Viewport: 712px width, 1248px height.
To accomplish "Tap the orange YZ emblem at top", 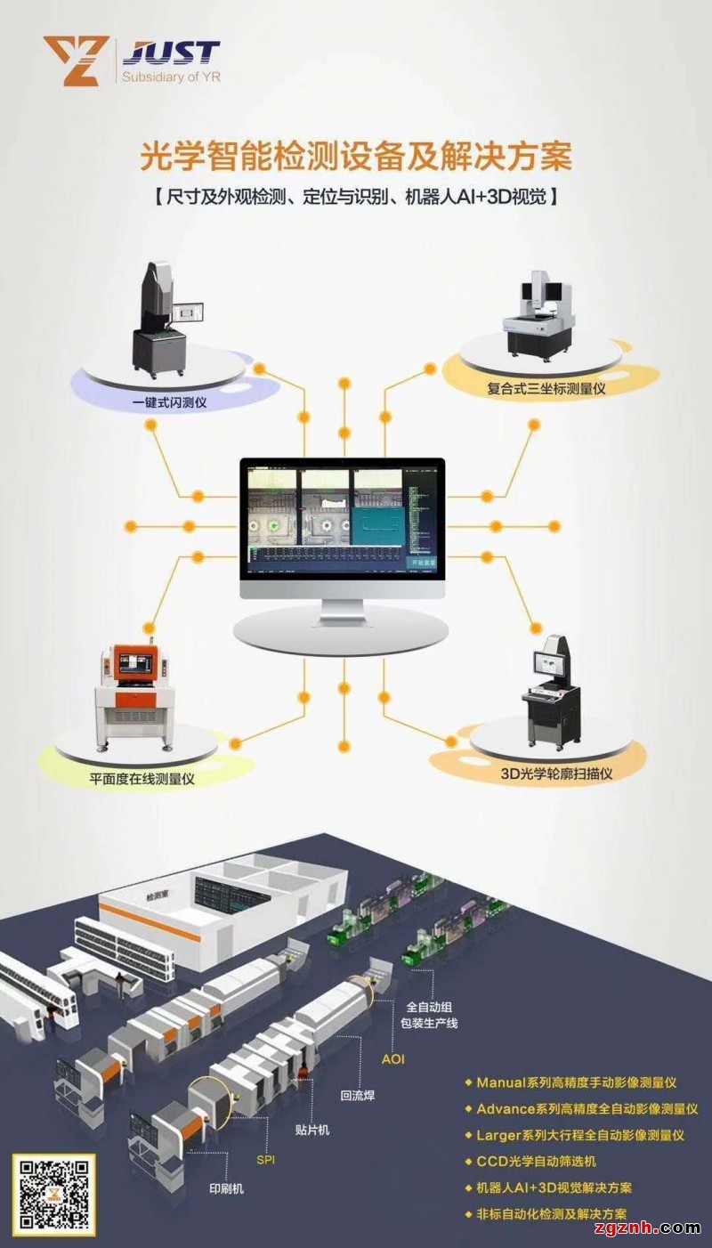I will [x=76, y=61].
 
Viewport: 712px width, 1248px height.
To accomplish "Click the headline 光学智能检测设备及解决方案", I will [x=356, y=158].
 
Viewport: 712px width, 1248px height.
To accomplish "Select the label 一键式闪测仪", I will [x=171, y=401].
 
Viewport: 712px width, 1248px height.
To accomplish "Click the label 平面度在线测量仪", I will [x=142, y=778].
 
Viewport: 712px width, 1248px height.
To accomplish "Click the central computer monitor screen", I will [x=342, y=518].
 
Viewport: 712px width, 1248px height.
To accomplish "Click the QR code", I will [x=53, y=1195].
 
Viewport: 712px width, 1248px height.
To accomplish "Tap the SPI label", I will [x=266, y=1160].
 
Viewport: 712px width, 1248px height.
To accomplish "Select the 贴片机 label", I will [x=312, y=1130].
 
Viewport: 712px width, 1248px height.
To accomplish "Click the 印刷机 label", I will [x=227, y=1188].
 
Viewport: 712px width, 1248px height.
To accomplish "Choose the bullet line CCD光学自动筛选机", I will [x=537, y=1161].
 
